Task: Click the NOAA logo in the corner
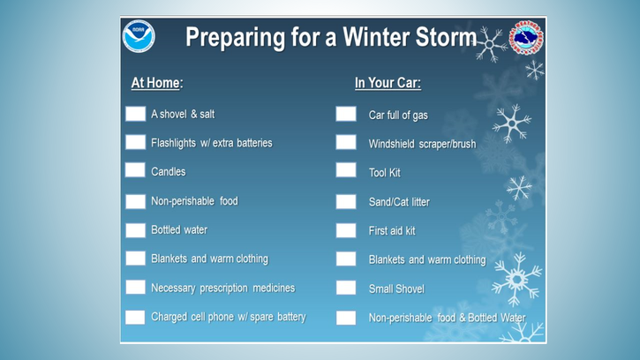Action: pos(139,36)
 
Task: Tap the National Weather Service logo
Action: pos(526,38)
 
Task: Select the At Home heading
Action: pos(157,83)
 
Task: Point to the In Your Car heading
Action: pos(388,83)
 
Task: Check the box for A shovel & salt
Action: pos(136,114)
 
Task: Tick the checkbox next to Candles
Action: pos(136,170)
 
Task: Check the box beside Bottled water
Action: pos(136,230)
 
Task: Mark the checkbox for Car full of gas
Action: pos(346,114)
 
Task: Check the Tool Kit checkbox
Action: pos(346,170)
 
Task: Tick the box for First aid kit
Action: pos(346,230)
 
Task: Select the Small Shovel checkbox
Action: pos(346,288)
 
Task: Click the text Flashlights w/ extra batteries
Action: pos(212,143)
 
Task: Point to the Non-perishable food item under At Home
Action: pos(194,201)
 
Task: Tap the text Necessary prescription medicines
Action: pos(222,289)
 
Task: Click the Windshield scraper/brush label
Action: pos(423,144)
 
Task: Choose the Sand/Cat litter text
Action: pos(399,202)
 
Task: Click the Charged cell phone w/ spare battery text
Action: pos(229,317)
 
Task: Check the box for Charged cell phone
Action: pos(136,317)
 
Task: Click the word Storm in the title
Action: pos(446,37)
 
